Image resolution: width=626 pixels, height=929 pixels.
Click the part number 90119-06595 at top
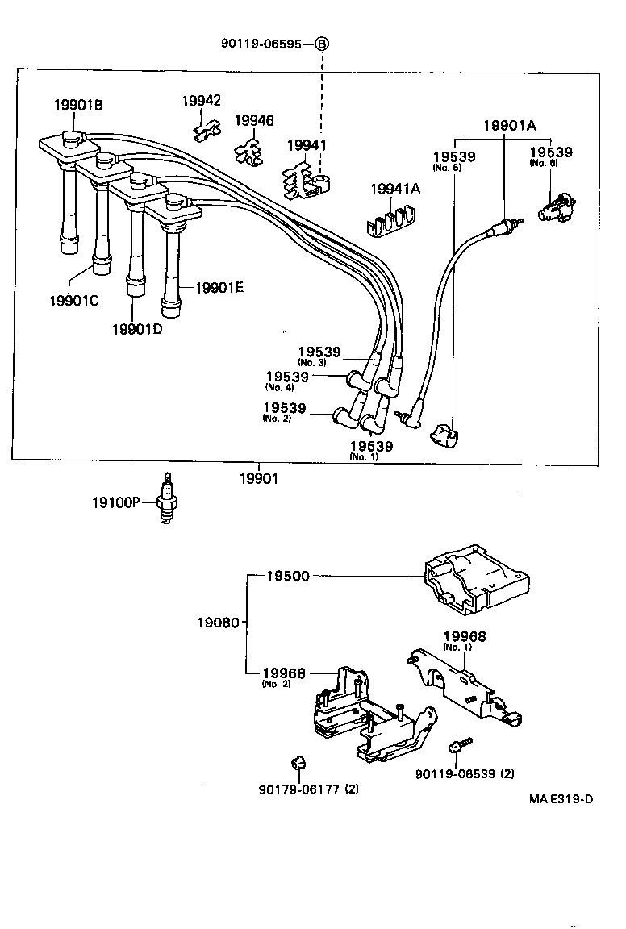point(261,44)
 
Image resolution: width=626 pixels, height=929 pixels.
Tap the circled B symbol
point(321,44)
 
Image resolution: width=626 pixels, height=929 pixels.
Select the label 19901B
point(78,105)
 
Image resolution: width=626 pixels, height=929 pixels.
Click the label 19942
point(201,101)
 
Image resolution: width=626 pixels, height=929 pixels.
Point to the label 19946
point(254,121)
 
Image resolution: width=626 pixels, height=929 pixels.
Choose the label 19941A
point(395,189)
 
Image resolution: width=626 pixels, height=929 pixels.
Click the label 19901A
point(510,125)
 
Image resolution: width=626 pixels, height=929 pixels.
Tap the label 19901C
point(73,300)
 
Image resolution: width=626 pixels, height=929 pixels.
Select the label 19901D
point(137,328)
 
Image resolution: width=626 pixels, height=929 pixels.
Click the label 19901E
point(219,286)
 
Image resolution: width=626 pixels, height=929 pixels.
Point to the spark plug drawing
point(167,498)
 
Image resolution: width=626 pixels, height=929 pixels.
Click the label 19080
point(217,623)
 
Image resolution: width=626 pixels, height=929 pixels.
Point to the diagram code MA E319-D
point(561,799)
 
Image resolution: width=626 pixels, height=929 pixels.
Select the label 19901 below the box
point(258,479)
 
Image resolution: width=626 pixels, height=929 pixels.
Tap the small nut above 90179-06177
point(295,762)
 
